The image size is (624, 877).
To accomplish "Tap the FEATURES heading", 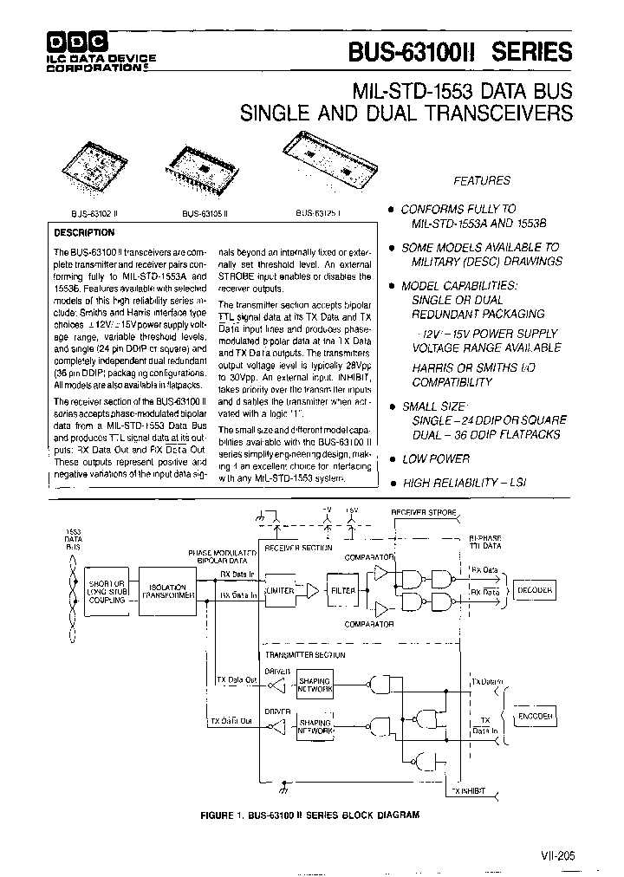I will click(482, 180).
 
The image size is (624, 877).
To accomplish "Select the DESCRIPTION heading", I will click(84, 232).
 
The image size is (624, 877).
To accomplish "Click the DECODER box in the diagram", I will click(534, 590).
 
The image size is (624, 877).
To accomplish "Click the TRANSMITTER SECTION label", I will click(298, 656).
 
